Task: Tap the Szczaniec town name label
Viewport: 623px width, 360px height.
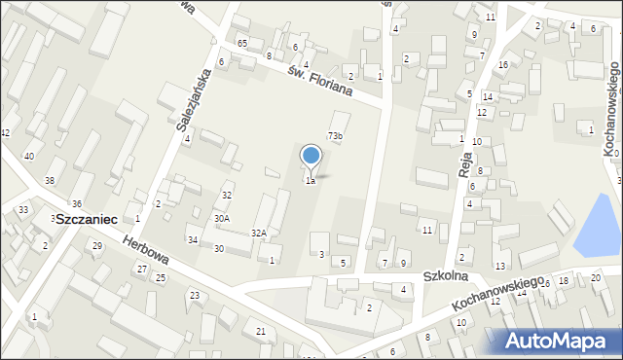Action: tap(87, 220)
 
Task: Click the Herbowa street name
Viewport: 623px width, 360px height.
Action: tap(145, 251)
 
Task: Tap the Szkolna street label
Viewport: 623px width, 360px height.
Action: tap(447, 276)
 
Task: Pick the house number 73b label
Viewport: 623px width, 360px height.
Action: tap(335, 136)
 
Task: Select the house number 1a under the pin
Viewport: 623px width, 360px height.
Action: tap(311, 181)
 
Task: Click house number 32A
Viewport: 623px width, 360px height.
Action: tap(259, 234)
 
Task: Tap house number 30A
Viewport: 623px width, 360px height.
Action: tap(222, 219)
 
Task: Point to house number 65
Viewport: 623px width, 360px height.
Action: tap(241, 45)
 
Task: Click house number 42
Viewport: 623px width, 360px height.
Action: tap(5, 132)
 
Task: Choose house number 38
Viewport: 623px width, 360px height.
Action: tap(49, 181)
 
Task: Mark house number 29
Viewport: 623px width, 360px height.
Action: tap(96, 245)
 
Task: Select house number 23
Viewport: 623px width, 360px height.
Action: tap(194, 295)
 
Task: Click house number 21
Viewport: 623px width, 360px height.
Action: tap(260, 332)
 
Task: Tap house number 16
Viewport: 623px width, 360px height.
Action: tap(502, 64)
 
